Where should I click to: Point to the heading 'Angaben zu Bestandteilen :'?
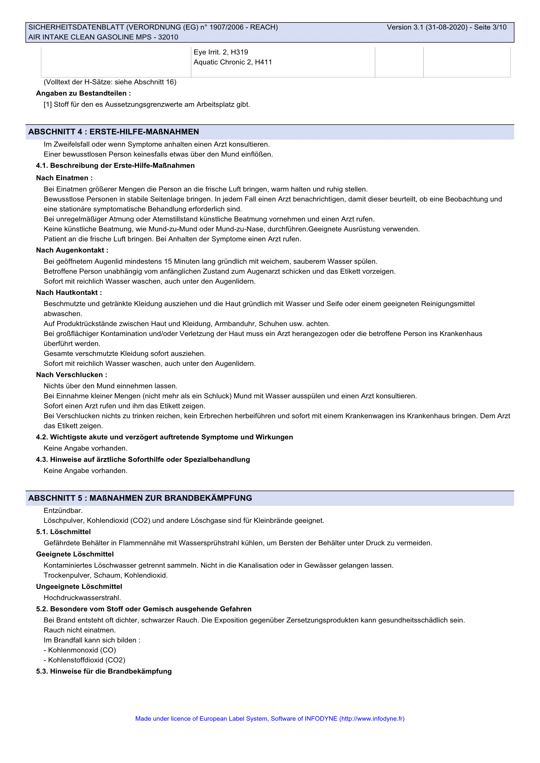(84, 93)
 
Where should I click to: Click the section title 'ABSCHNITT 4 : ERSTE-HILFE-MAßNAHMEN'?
(113, 132)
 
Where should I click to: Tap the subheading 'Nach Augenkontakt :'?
(72, 250)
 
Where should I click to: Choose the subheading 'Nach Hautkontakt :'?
(69, 293)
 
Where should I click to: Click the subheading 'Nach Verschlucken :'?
(71, 375)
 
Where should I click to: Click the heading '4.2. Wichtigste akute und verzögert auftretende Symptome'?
(164, 437)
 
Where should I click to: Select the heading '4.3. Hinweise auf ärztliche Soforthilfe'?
(143, 460)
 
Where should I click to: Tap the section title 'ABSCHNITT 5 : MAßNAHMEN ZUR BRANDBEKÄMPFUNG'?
(140, 498)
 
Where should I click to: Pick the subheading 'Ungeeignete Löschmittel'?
(79, 587)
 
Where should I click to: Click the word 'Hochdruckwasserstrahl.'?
(82, 598)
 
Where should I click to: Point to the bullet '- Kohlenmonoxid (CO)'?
(80, 650)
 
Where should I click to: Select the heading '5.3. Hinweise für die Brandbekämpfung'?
(104, 671)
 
